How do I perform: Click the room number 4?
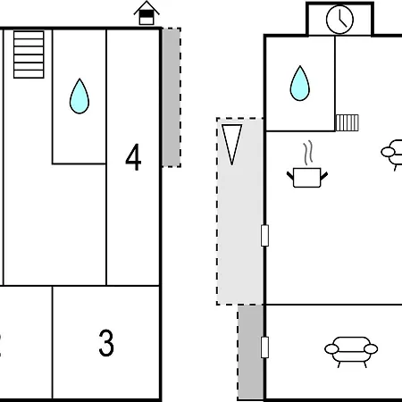[x=133, y=157]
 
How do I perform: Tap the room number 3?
[x=106, y=343]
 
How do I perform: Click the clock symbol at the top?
[x=339, y=20]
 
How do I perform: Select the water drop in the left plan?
[x=80, y=96]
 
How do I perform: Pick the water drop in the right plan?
[x=300, y=83]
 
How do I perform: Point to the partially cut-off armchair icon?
[x=391, y=155]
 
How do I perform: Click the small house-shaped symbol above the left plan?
[x=147, y=13]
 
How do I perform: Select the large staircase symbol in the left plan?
[x=29, y=54]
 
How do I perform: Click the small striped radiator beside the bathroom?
[x=348, y=122]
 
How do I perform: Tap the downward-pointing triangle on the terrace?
[x=231, y=145]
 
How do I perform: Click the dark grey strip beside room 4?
[x=172, y=97]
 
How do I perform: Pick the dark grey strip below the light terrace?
[x=250, y=353]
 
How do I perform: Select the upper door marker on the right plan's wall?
[x=264, y=236]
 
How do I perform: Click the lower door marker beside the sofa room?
[x=264, y=348]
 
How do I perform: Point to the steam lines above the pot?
[x=308, y=153]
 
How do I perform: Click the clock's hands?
[x=342, y=21]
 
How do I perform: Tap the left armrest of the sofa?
[x=331, y=348]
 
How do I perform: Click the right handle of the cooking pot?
[x=324, y=176]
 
